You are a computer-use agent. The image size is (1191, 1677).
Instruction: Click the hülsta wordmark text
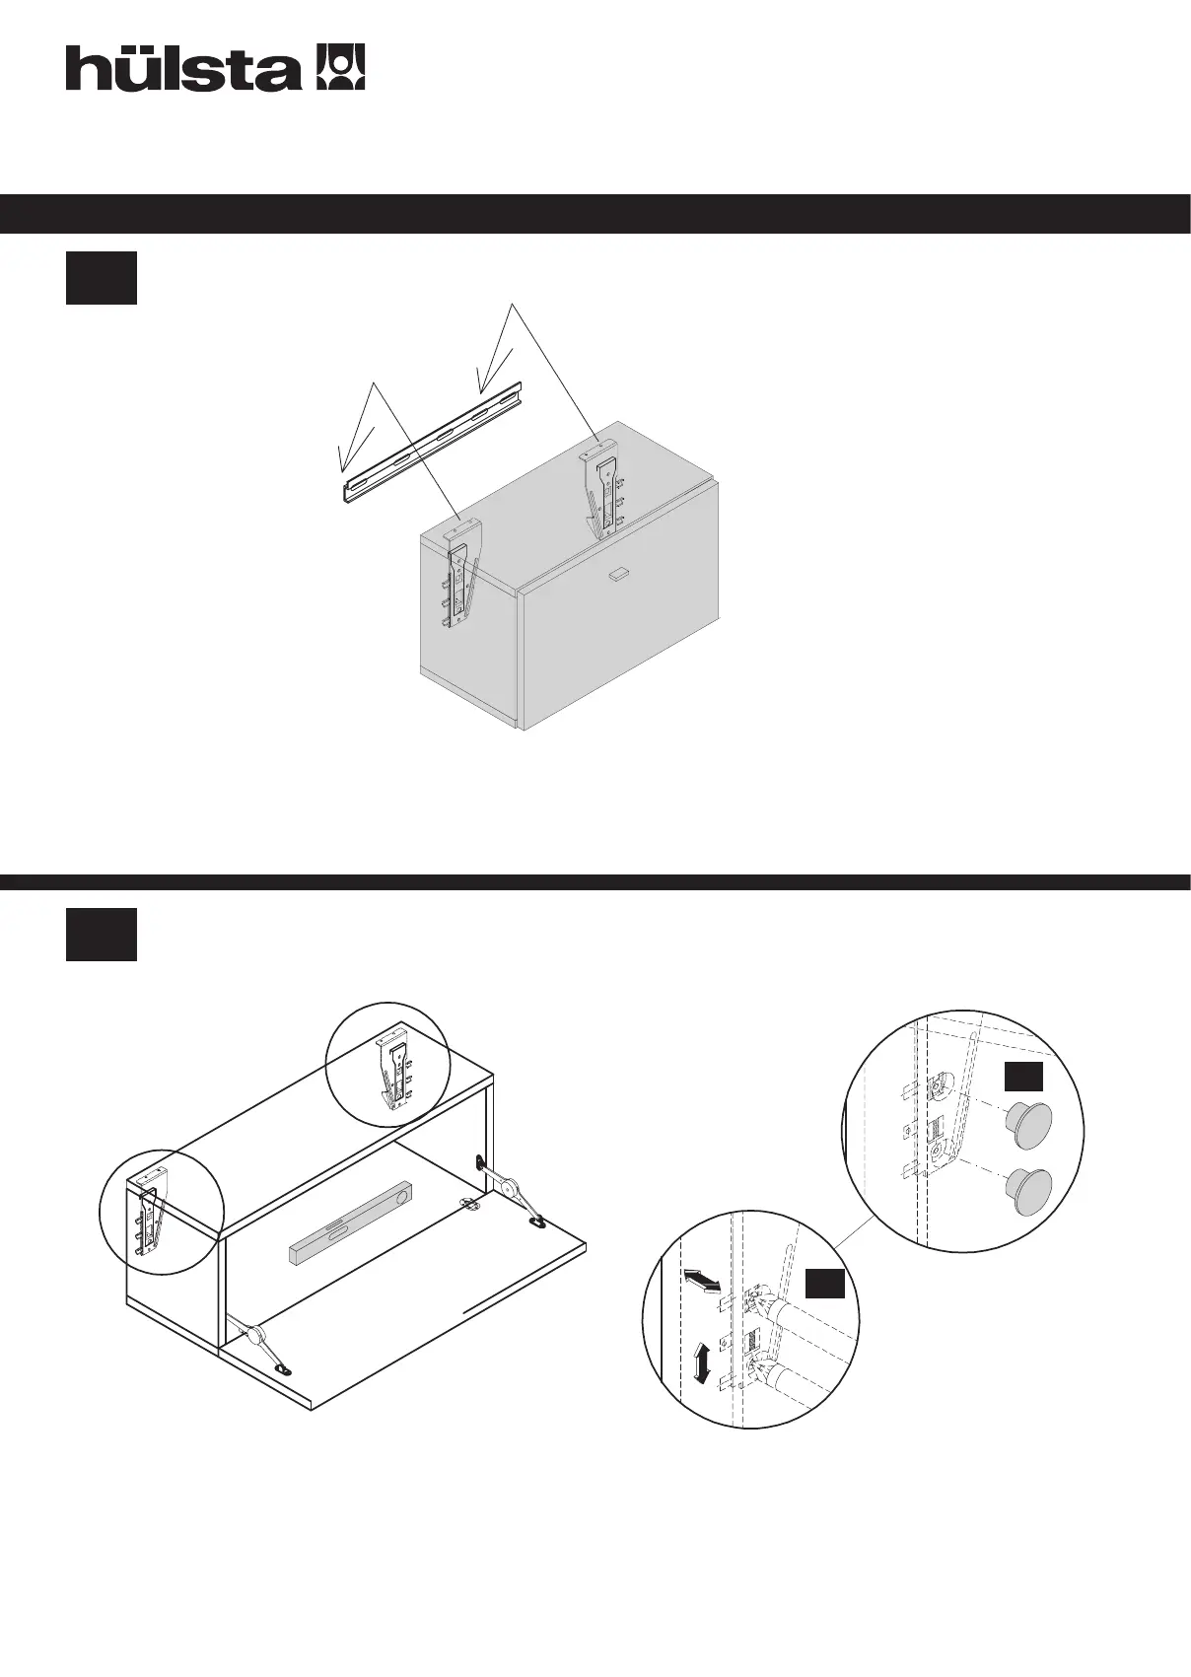tap(183, 69)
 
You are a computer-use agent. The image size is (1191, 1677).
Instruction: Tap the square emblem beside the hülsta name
tap(339, 67)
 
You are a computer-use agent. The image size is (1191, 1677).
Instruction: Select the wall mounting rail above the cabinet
tap(432, 444)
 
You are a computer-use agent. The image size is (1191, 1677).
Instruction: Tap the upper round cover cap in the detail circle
tap(1027, 1124)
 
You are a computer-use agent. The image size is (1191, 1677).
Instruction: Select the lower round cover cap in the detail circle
tap(1026, 1190)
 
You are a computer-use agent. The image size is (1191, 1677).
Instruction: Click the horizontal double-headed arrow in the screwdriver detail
tap(701, 1281)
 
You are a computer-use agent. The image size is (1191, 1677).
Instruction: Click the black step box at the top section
tap(101, 278)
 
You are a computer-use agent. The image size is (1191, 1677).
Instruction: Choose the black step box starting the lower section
tap(101, 935)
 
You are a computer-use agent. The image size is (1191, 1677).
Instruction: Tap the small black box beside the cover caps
tap(1023, 1077)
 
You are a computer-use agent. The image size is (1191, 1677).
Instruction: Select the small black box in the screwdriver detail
tap(824, 1284)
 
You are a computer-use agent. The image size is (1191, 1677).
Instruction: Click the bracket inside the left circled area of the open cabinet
tap(148, 1214)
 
